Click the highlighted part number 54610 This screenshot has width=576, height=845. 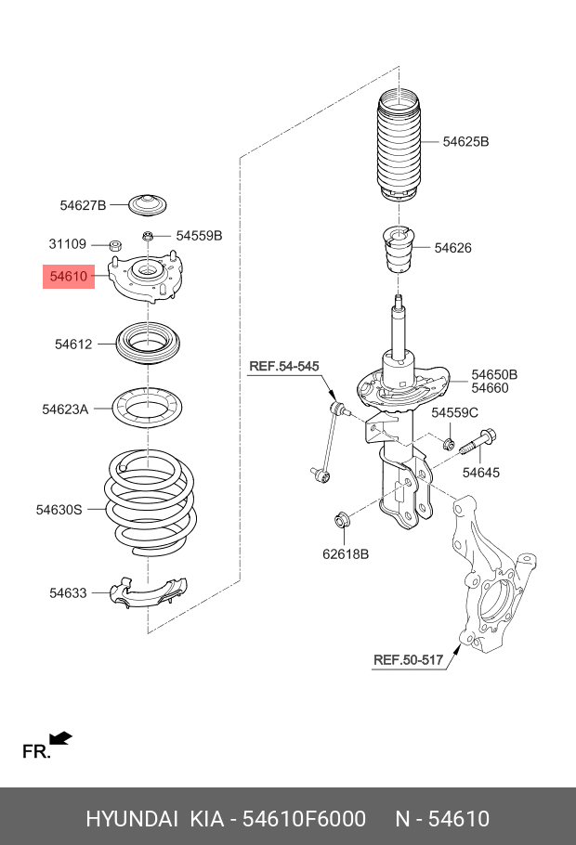coord(69,276)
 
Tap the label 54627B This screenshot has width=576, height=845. coord(84,205)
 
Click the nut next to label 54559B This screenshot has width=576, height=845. coord(149,236)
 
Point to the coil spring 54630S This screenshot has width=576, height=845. coord(149,501)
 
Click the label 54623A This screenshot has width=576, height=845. coord(65,408)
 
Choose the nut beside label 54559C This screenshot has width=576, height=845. coord(449,442)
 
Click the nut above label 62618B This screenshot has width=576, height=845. coord(341,520)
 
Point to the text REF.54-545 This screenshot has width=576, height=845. coord(283,367)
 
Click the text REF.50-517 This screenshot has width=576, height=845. coord(409,660)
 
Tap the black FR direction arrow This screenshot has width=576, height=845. coord(60,738)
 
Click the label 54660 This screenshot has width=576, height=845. coord(490,388)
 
